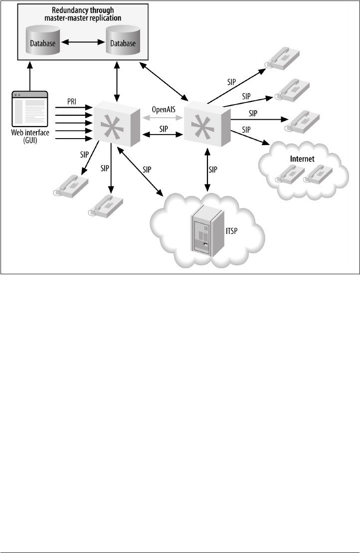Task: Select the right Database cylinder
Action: [123, 42]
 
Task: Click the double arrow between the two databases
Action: [83, 43]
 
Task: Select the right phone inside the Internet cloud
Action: [318, 174]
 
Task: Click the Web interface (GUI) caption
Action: [29, 137]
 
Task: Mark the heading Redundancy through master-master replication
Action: [83, 14]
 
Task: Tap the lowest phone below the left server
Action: [106, 205]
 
